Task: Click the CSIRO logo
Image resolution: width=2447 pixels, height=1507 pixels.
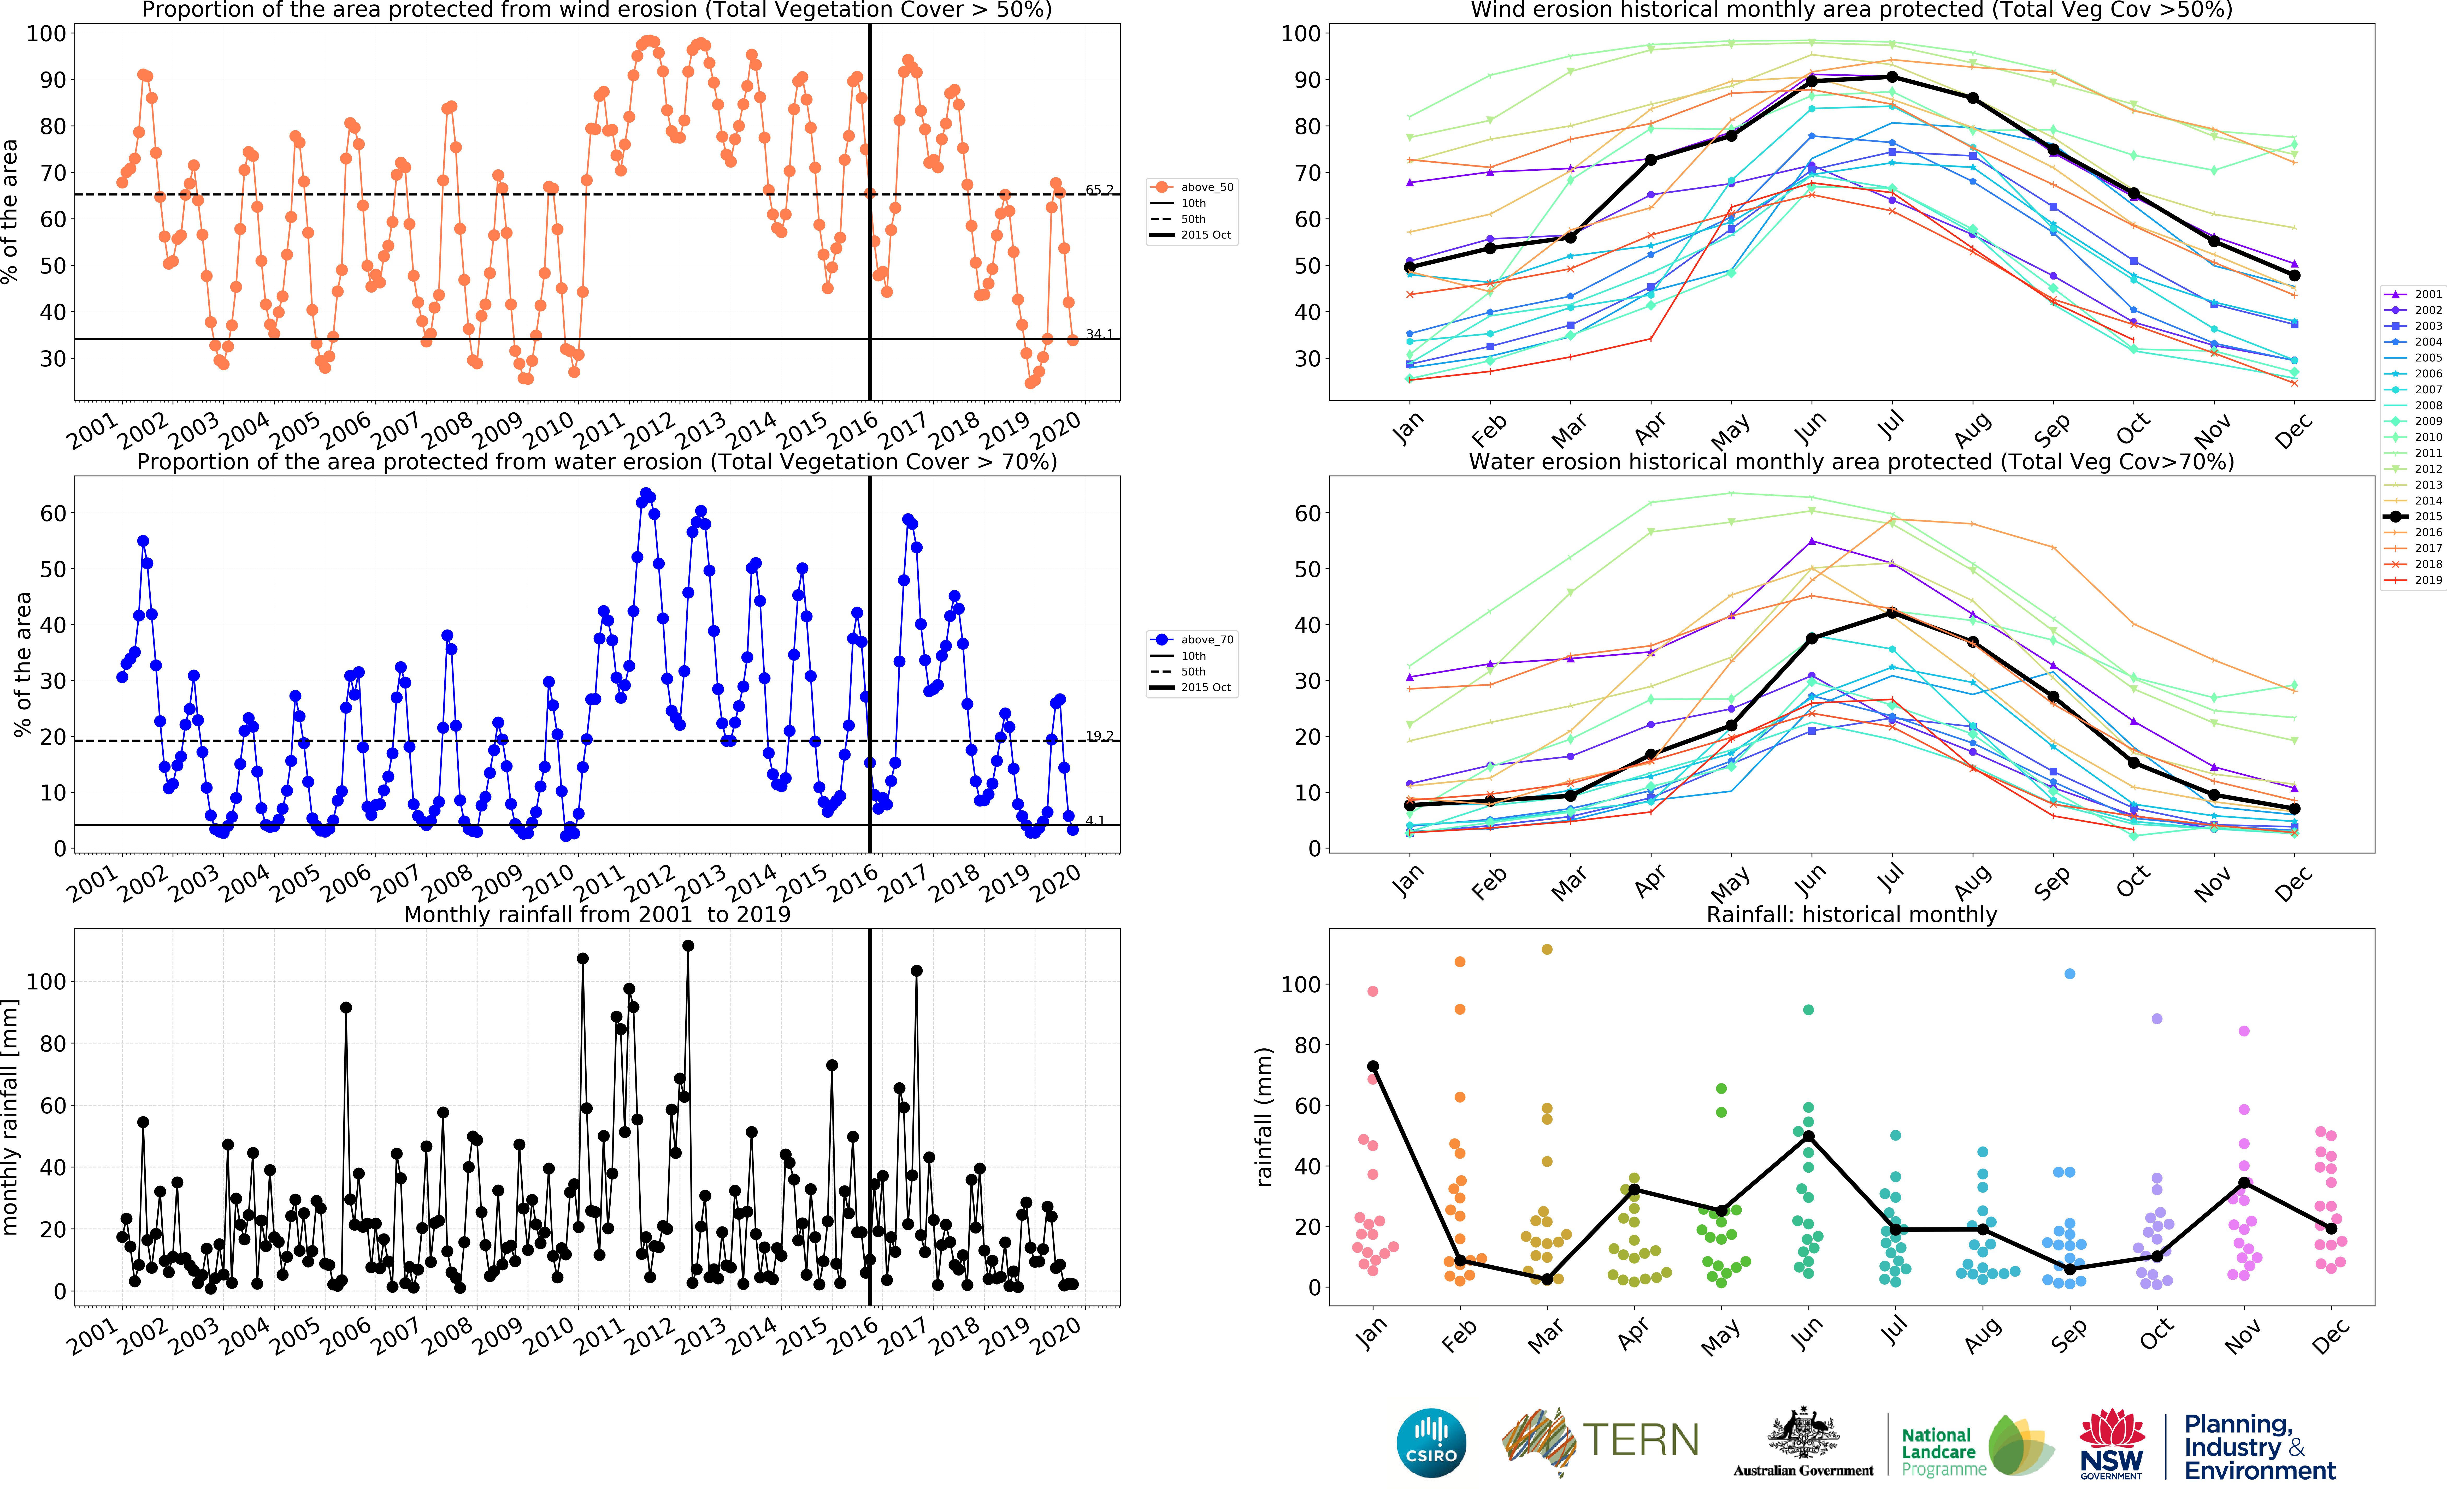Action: (x=1431, y=1442)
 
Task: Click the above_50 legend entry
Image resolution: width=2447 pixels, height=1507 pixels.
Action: (x=1206, y=187)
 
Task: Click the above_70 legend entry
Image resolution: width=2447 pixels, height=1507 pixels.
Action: (x=1206, y=640)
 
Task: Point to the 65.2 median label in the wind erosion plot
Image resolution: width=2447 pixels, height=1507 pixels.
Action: (x=1099, y=189)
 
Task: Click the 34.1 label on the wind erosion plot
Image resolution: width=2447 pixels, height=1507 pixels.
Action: (x=1099, y=334)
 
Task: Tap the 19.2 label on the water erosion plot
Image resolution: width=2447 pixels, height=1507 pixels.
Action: (x=1099, y=735)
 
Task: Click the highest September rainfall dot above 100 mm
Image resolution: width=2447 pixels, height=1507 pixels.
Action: (x=2069, y=974)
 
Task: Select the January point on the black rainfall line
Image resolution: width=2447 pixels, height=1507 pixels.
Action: (x=1372, y=1066)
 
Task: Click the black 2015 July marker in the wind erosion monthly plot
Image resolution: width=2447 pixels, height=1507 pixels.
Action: (x=1892, y=77)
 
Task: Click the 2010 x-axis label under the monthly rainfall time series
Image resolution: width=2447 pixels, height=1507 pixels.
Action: (x=549, y=1336)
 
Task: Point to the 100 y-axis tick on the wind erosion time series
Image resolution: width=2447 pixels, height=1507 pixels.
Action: (x=46, y=33)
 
